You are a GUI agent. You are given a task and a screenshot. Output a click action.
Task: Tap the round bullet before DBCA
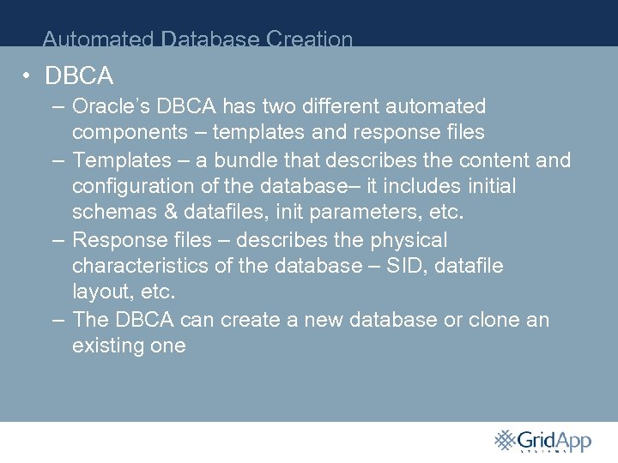(x=28, y=76)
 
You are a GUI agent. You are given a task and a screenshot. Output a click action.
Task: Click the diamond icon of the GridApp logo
(x=505, y=439)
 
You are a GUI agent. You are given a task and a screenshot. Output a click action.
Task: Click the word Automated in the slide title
(x=99, y=39)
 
